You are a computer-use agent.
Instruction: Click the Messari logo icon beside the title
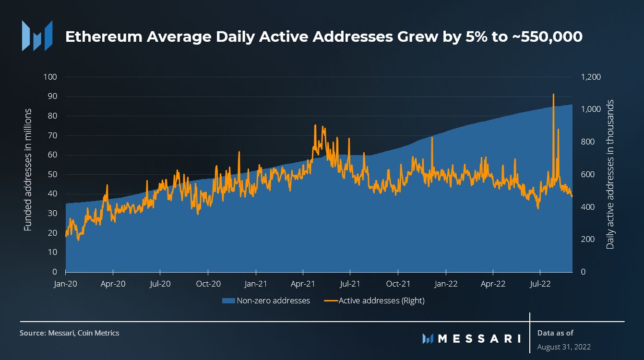coord(37,36)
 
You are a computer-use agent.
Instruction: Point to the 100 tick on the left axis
coord(50,77)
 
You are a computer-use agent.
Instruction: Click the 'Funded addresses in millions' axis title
coord(28,169)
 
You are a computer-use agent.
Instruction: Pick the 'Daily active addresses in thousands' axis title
coord(610,174)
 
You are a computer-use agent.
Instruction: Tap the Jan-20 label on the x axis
coord(66,284)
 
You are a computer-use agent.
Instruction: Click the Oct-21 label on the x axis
coord(399,284)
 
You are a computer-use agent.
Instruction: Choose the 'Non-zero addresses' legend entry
coord(266,301)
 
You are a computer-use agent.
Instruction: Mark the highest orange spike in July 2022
coord(553,95)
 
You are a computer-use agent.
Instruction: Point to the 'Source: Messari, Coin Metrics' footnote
coord(69,333)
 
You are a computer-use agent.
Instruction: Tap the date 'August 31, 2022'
coord(564,347)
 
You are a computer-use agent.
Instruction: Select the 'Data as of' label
coord(555,333)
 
